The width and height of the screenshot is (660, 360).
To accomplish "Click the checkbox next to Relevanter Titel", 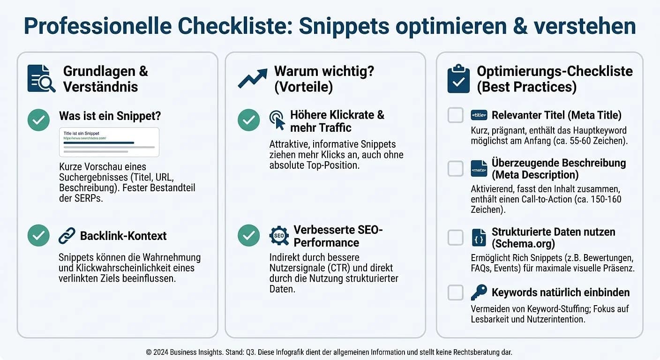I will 456,115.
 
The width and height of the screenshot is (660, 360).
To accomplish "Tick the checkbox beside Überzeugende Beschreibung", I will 456,169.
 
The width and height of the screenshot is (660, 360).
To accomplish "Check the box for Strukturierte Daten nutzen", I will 456,238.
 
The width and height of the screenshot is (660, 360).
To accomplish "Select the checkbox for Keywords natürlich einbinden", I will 456,292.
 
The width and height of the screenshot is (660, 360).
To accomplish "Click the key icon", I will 479,292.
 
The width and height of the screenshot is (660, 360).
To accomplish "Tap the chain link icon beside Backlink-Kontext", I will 67,235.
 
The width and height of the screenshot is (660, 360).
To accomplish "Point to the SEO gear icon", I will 279,235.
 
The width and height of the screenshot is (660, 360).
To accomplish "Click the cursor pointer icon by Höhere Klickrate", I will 277,120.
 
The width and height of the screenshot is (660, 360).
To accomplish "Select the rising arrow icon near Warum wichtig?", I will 252,78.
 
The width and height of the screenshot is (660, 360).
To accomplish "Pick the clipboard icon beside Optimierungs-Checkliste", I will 458,78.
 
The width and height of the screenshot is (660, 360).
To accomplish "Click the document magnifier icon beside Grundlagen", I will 41,78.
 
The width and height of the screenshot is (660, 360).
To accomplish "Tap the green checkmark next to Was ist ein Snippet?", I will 38,120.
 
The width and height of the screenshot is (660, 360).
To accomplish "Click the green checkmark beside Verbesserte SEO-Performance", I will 248,235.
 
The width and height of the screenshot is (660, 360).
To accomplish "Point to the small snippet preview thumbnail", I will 109,142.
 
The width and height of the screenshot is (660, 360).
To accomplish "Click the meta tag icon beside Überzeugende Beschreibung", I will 479,169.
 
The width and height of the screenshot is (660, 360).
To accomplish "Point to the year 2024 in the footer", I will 161,352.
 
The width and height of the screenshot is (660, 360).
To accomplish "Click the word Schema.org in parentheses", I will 523,244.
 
